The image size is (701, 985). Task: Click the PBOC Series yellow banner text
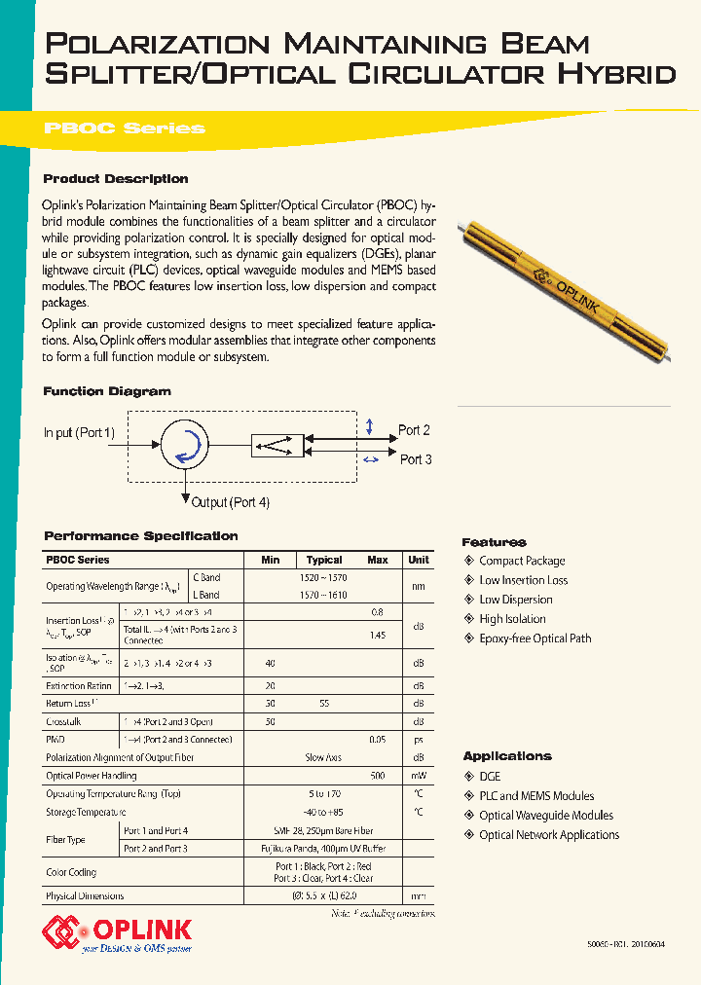125,128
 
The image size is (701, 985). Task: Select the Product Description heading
116,179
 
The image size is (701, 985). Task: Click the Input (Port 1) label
79,432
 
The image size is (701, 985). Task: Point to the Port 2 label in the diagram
415,430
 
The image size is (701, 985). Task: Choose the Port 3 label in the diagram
416,459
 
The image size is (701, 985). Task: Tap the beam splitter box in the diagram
277,446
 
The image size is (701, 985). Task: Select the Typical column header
324,560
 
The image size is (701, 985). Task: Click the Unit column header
419,560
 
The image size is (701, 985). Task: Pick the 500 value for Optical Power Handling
378,776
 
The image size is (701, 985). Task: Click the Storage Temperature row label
86,813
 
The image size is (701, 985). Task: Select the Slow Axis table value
324,757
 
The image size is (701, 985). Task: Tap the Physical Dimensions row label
85,895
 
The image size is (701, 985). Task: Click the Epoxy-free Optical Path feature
535,638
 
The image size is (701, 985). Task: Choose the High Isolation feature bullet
512,619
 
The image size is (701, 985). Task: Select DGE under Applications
489,776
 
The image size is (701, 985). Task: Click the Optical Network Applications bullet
549,835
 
